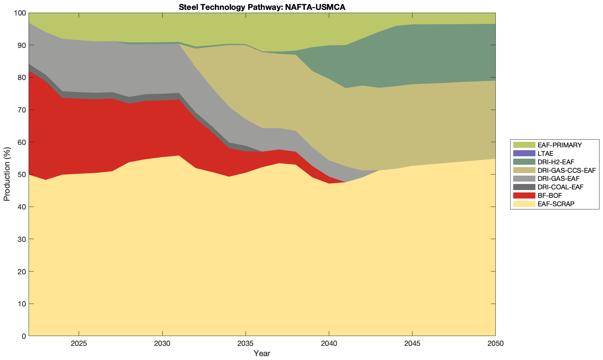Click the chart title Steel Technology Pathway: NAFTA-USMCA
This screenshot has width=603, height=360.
pyautogui.click(x=262, y=7)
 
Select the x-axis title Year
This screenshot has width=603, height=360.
pyautogui.click(x=262, y=353)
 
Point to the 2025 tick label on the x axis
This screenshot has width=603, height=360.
pyautogui.click(x=79, y=344)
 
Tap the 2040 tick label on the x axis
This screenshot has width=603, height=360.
pyautogui.click(x=329, y=344)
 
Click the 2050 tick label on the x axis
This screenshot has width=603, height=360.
pyautogui.click(x=495, y=344)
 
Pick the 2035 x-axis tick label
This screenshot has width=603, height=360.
pyautogui.click(x=246, y=344)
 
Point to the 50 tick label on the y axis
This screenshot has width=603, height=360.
pyautogui.click(x=22, y=175)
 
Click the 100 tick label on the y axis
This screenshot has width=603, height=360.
pyautogui.click(x=20, y=13)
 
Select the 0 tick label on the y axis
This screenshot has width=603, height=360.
pyautogui.click(x=24, y=336)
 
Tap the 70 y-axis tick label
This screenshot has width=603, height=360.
pyautogui.click(x=22, y=110)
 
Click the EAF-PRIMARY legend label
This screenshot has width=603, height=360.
pyautogui.click(x=560, y=145)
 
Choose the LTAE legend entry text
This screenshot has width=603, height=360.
pyautogui.click(x=545, y=153)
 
